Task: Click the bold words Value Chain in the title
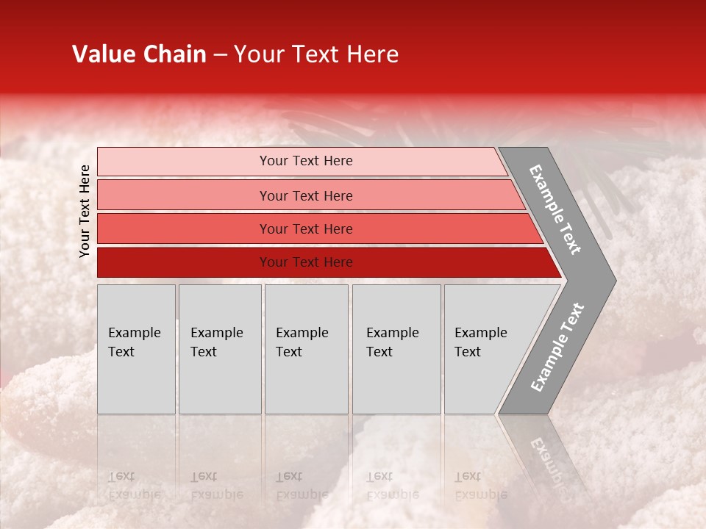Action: (x=139, y=54)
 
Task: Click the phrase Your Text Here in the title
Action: (x=316, y=54)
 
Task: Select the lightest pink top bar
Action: (x=184, y=162)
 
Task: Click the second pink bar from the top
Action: (x=184, y=195)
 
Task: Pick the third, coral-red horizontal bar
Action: (x=184, y=229)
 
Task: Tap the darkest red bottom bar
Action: (x=184, y=262)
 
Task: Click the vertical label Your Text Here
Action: (x=85, y=211)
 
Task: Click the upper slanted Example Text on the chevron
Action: (x=555, y=209)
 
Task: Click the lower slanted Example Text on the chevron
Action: (x=557, y=348)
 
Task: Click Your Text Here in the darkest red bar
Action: (x=306, y=262)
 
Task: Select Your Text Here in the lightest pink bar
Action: (x=306, y=161)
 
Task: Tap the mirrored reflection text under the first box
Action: (x=133, y=485)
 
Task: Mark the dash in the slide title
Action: (x=220, y=55)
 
